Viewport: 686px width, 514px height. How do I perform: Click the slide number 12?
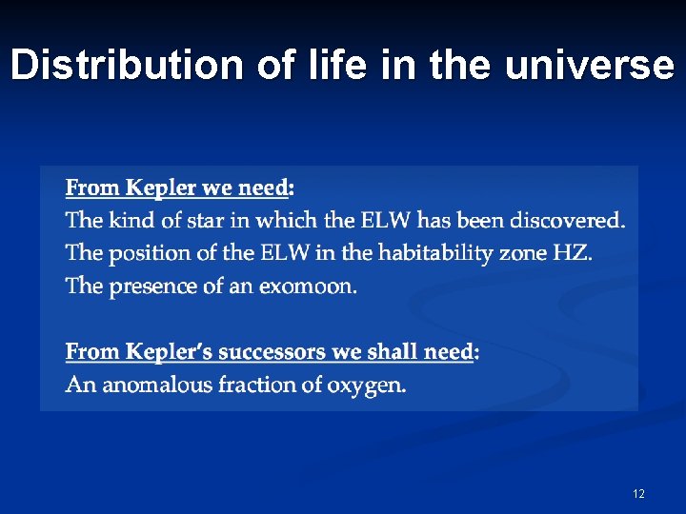(x=638, y=493)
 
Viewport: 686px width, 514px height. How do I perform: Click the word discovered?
(x=567, y=221)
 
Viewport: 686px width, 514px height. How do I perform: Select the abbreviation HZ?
(x=570, y=254)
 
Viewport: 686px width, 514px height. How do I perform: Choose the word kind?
(x=131, y=221)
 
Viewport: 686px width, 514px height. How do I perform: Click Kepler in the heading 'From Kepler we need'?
(x=159, y=187)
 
